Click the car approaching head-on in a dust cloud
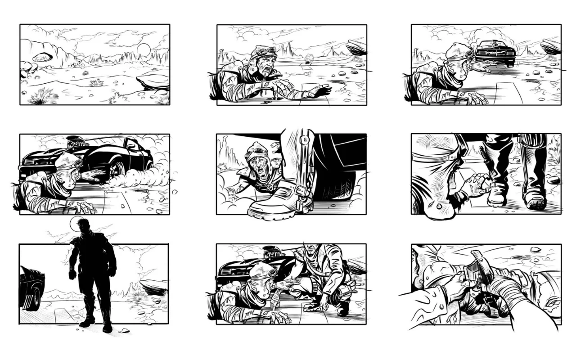(495, 53)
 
